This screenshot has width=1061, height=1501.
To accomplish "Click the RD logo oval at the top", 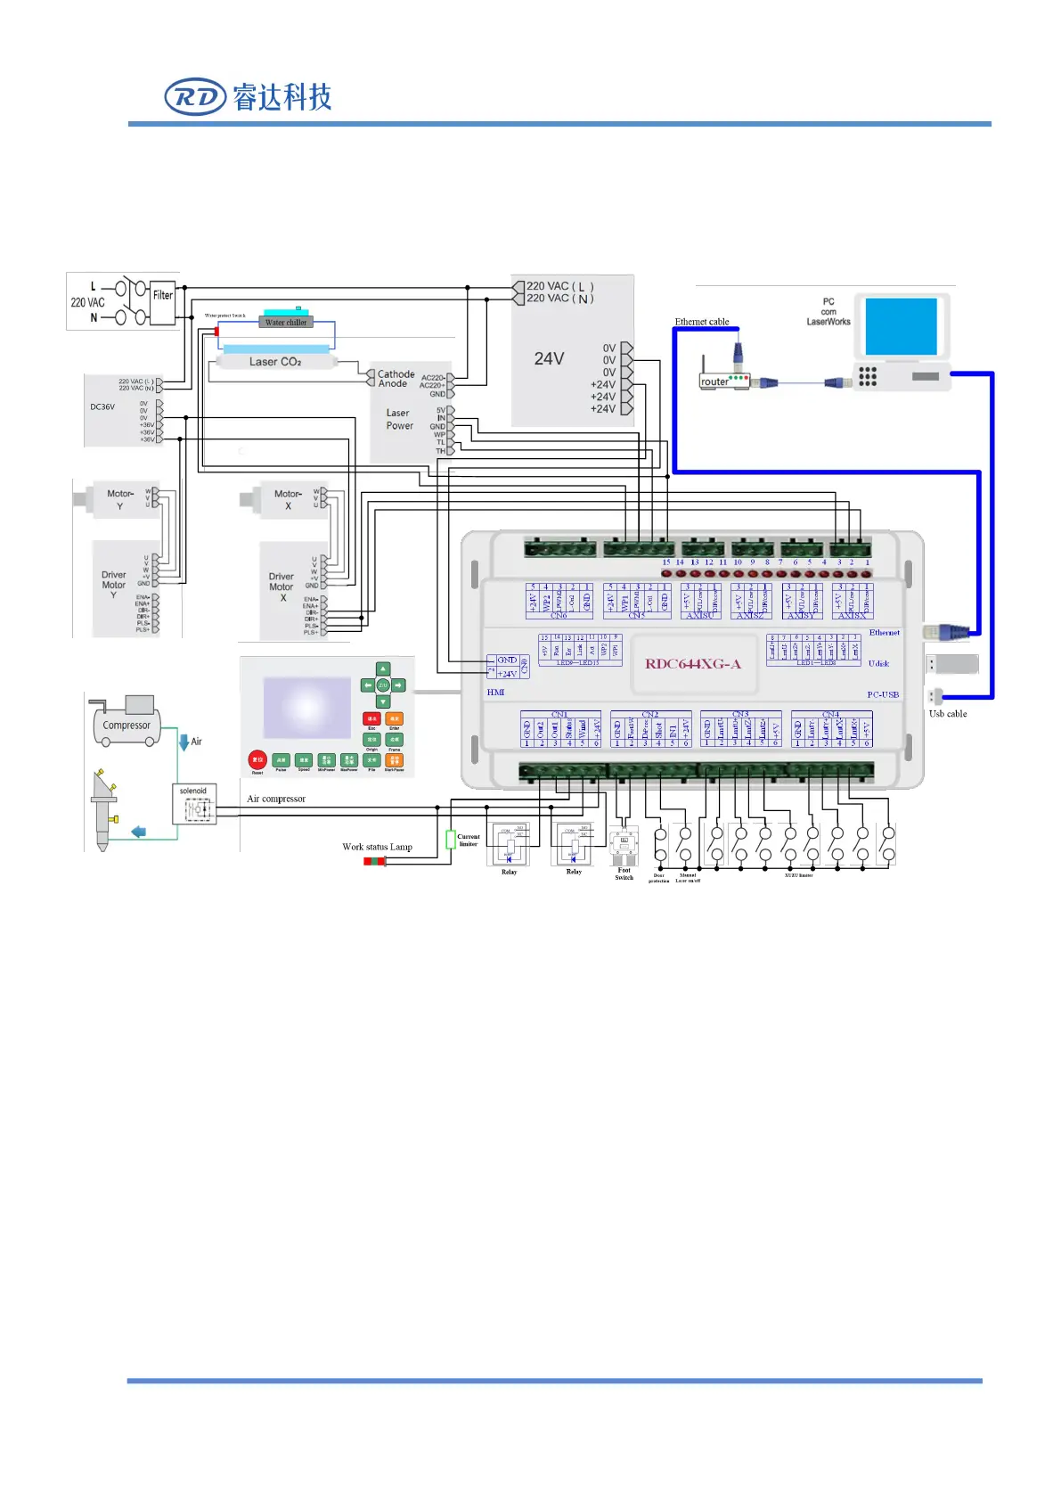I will [195, 96].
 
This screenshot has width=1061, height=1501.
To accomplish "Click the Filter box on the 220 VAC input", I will [162, 296].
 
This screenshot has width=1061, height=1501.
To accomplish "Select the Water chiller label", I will [286, 322].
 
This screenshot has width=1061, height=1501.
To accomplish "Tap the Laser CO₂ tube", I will [275, 362].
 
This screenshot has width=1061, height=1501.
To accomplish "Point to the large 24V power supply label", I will [549, 358].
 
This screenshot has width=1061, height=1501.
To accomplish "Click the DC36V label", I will [102, 406].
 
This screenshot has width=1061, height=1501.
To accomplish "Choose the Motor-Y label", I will [120, 499].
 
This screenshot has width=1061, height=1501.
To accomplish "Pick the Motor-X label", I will [288, 499].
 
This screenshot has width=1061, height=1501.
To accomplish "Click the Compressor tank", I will [127, 725].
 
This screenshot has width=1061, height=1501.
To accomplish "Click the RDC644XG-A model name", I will [693, 663].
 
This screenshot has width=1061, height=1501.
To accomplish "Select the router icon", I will [723, 379].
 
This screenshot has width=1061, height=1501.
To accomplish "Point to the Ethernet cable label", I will [702, 322].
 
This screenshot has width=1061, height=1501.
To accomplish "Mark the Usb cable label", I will [948, 713].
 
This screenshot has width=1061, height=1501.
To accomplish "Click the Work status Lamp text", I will [377, 847].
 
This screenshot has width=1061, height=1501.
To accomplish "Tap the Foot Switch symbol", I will [624, 843].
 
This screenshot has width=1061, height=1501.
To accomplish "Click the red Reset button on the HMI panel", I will [257, 760].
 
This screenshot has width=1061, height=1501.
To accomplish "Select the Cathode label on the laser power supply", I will [396, 374].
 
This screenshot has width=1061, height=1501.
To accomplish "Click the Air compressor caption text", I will [276, 799].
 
